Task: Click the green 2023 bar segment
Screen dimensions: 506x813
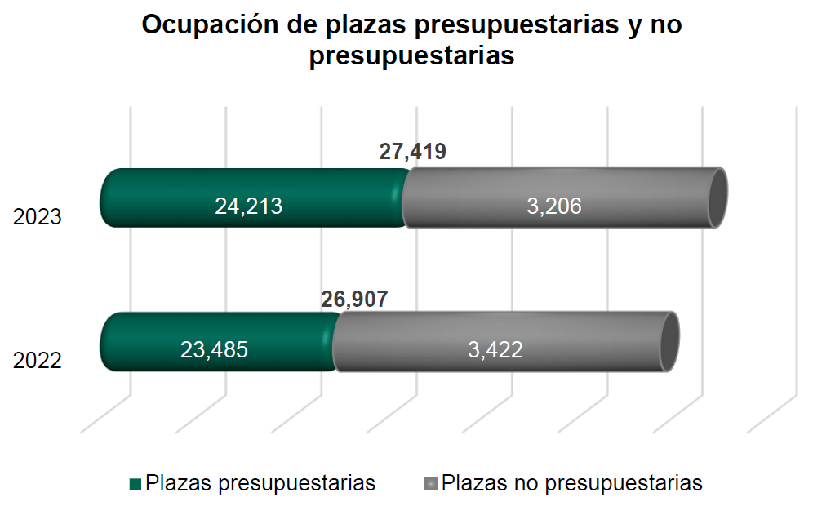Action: pyautogui.click(x=163, y=198)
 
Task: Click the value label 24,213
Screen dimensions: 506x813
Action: pyautogui.click(x=249, y=206)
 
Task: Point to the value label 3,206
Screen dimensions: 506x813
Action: pyautogui.click(x=554, y=206)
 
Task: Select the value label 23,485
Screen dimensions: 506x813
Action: pyautogui.click(x=214, y=350)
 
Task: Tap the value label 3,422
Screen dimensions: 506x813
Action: pyautogui.click(x=495, y=350)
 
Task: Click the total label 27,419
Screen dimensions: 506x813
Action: pyautogui.click(x=413, y=152)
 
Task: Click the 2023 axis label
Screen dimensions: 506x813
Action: pyautogui.click(x=38, y=218)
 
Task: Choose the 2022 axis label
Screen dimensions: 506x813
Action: pyautogui.click(x=38, y=360)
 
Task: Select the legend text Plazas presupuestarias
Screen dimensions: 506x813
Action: pyautogui.click(x=260, y=483)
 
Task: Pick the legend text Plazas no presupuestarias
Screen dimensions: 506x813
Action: pyautogui.click(x=571, y=483)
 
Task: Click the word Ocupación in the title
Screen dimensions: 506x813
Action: pyautogui.click(x=210, y=25)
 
